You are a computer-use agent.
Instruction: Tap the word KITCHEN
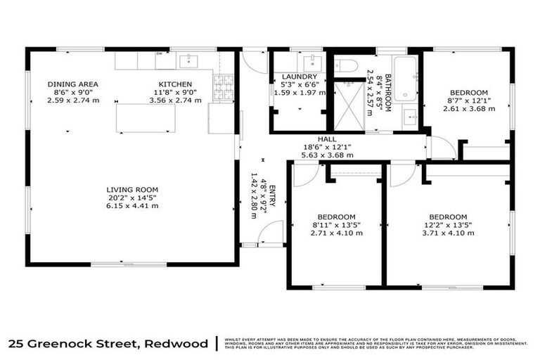[175, 84]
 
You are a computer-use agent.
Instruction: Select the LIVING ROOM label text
[132, 189]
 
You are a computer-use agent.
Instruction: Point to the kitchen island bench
[145, 118]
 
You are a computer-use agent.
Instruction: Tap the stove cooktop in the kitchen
[224, 88]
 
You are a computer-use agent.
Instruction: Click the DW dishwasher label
[160, 53]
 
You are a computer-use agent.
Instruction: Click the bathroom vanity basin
[411, 117]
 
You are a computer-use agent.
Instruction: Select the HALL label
[328, 139]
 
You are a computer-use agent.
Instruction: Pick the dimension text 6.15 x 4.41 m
[132, 205]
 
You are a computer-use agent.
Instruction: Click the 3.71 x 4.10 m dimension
[447, 234]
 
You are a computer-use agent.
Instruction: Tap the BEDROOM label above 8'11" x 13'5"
[336, 217]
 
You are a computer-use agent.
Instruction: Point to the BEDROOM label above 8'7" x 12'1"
[468, 93]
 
